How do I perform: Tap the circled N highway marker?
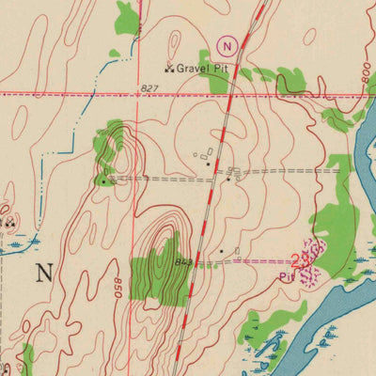pyautogui.click(x=226, y=45)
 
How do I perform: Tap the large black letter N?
pyautogui.click(x=44, y=274)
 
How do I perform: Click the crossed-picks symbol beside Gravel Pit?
pyautogui.click(x=169, y=68)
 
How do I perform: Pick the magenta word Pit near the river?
pyautogui.click(x=287, y=276)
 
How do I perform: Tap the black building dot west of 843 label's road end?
pyautogui.click(x=221, y=252)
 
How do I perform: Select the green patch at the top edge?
pyautogui.click(x=127, y=17)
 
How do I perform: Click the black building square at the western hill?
pyautogui.click(x=102, y=179)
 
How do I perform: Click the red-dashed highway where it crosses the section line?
pyautogui.click(x=230, y=94)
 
